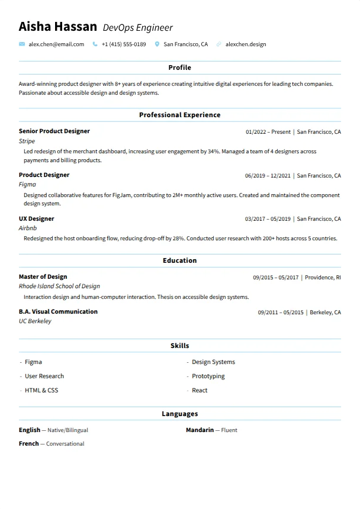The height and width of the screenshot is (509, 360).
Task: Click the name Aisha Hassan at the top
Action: pyautogui.click(x=57, y=27)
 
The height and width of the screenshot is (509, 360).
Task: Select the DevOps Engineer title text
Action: pyautogui.click(x=137, y=28)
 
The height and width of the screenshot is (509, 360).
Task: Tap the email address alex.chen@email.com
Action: pyautogui.click(x=56, y=44)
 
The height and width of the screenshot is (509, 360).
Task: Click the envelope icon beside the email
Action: pyautogui.click(x=22, y=44)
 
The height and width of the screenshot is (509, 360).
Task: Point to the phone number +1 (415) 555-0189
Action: pyautogui.click(x=123, y=44)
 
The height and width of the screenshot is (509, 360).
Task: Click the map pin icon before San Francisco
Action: pyautogui.click(x=157, y=44)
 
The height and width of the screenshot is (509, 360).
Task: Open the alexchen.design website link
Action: pyautogui.click(x=246, y=44)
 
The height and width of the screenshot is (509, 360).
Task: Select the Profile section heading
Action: pyautogui.click(x=179, y=68)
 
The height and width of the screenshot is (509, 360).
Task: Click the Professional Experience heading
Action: pyautogui.click(x=179, y=115)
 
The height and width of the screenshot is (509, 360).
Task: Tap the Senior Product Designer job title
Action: pyautogui.click(x=54, y=131)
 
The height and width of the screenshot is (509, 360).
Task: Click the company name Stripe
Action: pyautogui.click(x=27, y=141)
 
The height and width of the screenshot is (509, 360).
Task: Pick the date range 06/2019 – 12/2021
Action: pyautogui.click(x=268, y=176)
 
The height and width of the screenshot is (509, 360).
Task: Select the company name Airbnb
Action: pyautogui.click(x=28, y=228)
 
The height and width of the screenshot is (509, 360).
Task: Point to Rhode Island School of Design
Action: pyautogui.click(x=59, y=286)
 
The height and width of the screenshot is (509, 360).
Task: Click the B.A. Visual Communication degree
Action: pyautogui.click(x=58, y=312)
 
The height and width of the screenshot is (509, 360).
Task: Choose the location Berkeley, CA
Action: pyautogui.click(x=325, y=313)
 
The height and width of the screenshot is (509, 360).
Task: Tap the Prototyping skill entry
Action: pyautogui.click(x=208, y=376)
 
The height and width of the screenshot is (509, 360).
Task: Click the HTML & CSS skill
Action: pyautogui.click(x=41, y=391)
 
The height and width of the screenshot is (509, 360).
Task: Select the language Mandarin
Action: pyautogui.click(x=200, y=430)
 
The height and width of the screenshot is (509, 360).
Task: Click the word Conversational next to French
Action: pyautogui.click(x=65, y=444)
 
